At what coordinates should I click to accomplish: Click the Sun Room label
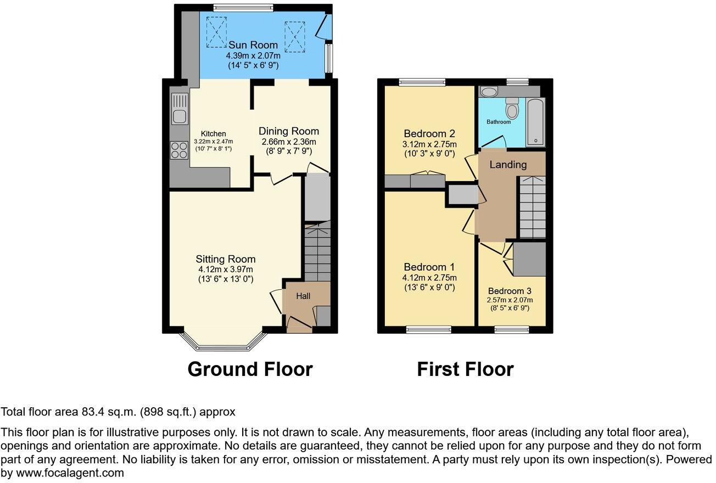pos(253,45)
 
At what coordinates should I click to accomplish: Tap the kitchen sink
pos(180,108)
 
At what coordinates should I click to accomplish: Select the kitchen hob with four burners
pos(180,150)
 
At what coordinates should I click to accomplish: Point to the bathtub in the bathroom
pos(535,122)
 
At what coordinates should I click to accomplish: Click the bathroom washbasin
pos(489,91)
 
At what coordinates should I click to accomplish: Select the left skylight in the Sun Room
pos(216,31)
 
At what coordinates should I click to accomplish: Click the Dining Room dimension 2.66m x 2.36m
pos(289,142)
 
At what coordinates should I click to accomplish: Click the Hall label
pos(303,296)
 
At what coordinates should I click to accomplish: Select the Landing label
pos(508,165)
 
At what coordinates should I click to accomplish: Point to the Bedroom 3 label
pos(510,291)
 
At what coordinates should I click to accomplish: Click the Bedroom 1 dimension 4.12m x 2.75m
pos(429,278)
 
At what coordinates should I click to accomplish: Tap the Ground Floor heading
pos(250,369)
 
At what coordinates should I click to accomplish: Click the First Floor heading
pos(465,369)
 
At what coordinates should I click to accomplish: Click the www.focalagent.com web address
pos(69,473)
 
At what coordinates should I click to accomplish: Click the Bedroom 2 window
pos(422,82)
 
